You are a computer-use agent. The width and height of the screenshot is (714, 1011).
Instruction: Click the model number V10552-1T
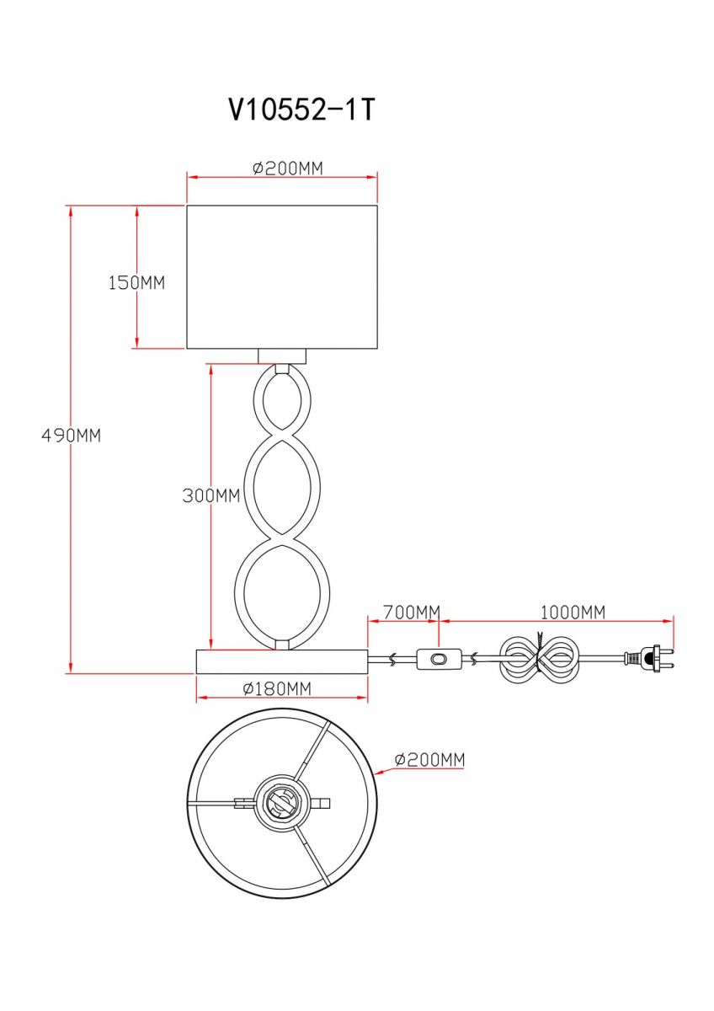pos(301,110)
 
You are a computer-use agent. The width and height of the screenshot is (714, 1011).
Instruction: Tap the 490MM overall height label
pos(72,436)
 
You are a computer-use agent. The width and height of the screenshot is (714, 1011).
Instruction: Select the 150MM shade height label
pos(136,282)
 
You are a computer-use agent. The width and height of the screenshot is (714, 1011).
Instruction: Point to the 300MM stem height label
pos(211,495)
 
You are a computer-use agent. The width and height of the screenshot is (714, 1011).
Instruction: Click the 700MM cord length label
pos(412,612)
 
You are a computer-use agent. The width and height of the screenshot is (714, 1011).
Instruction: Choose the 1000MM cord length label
pos(573,612)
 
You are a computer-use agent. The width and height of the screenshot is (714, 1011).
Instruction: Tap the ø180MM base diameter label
pos(277,688)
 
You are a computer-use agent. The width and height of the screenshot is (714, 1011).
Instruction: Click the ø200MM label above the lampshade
pos(288,168)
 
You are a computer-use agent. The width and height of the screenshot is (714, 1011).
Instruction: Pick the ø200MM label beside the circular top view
pos(429,760)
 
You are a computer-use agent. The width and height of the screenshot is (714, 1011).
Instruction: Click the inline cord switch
pos(439,660)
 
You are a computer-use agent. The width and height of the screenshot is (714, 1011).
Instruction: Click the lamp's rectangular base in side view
pos(282,661)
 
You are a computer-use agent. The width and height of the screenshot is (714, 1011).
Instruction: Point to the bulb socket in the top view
pos(281,804)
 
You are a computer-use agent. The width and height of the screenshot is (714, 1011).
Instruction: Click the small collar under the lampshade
pos(282,356)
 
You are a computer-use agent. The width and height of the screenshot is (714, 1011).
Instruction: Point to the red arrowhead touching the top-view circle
pos(380,773)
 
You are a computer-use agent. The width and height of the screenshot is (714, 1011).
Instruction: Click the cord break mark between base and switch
pos(393,660)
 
